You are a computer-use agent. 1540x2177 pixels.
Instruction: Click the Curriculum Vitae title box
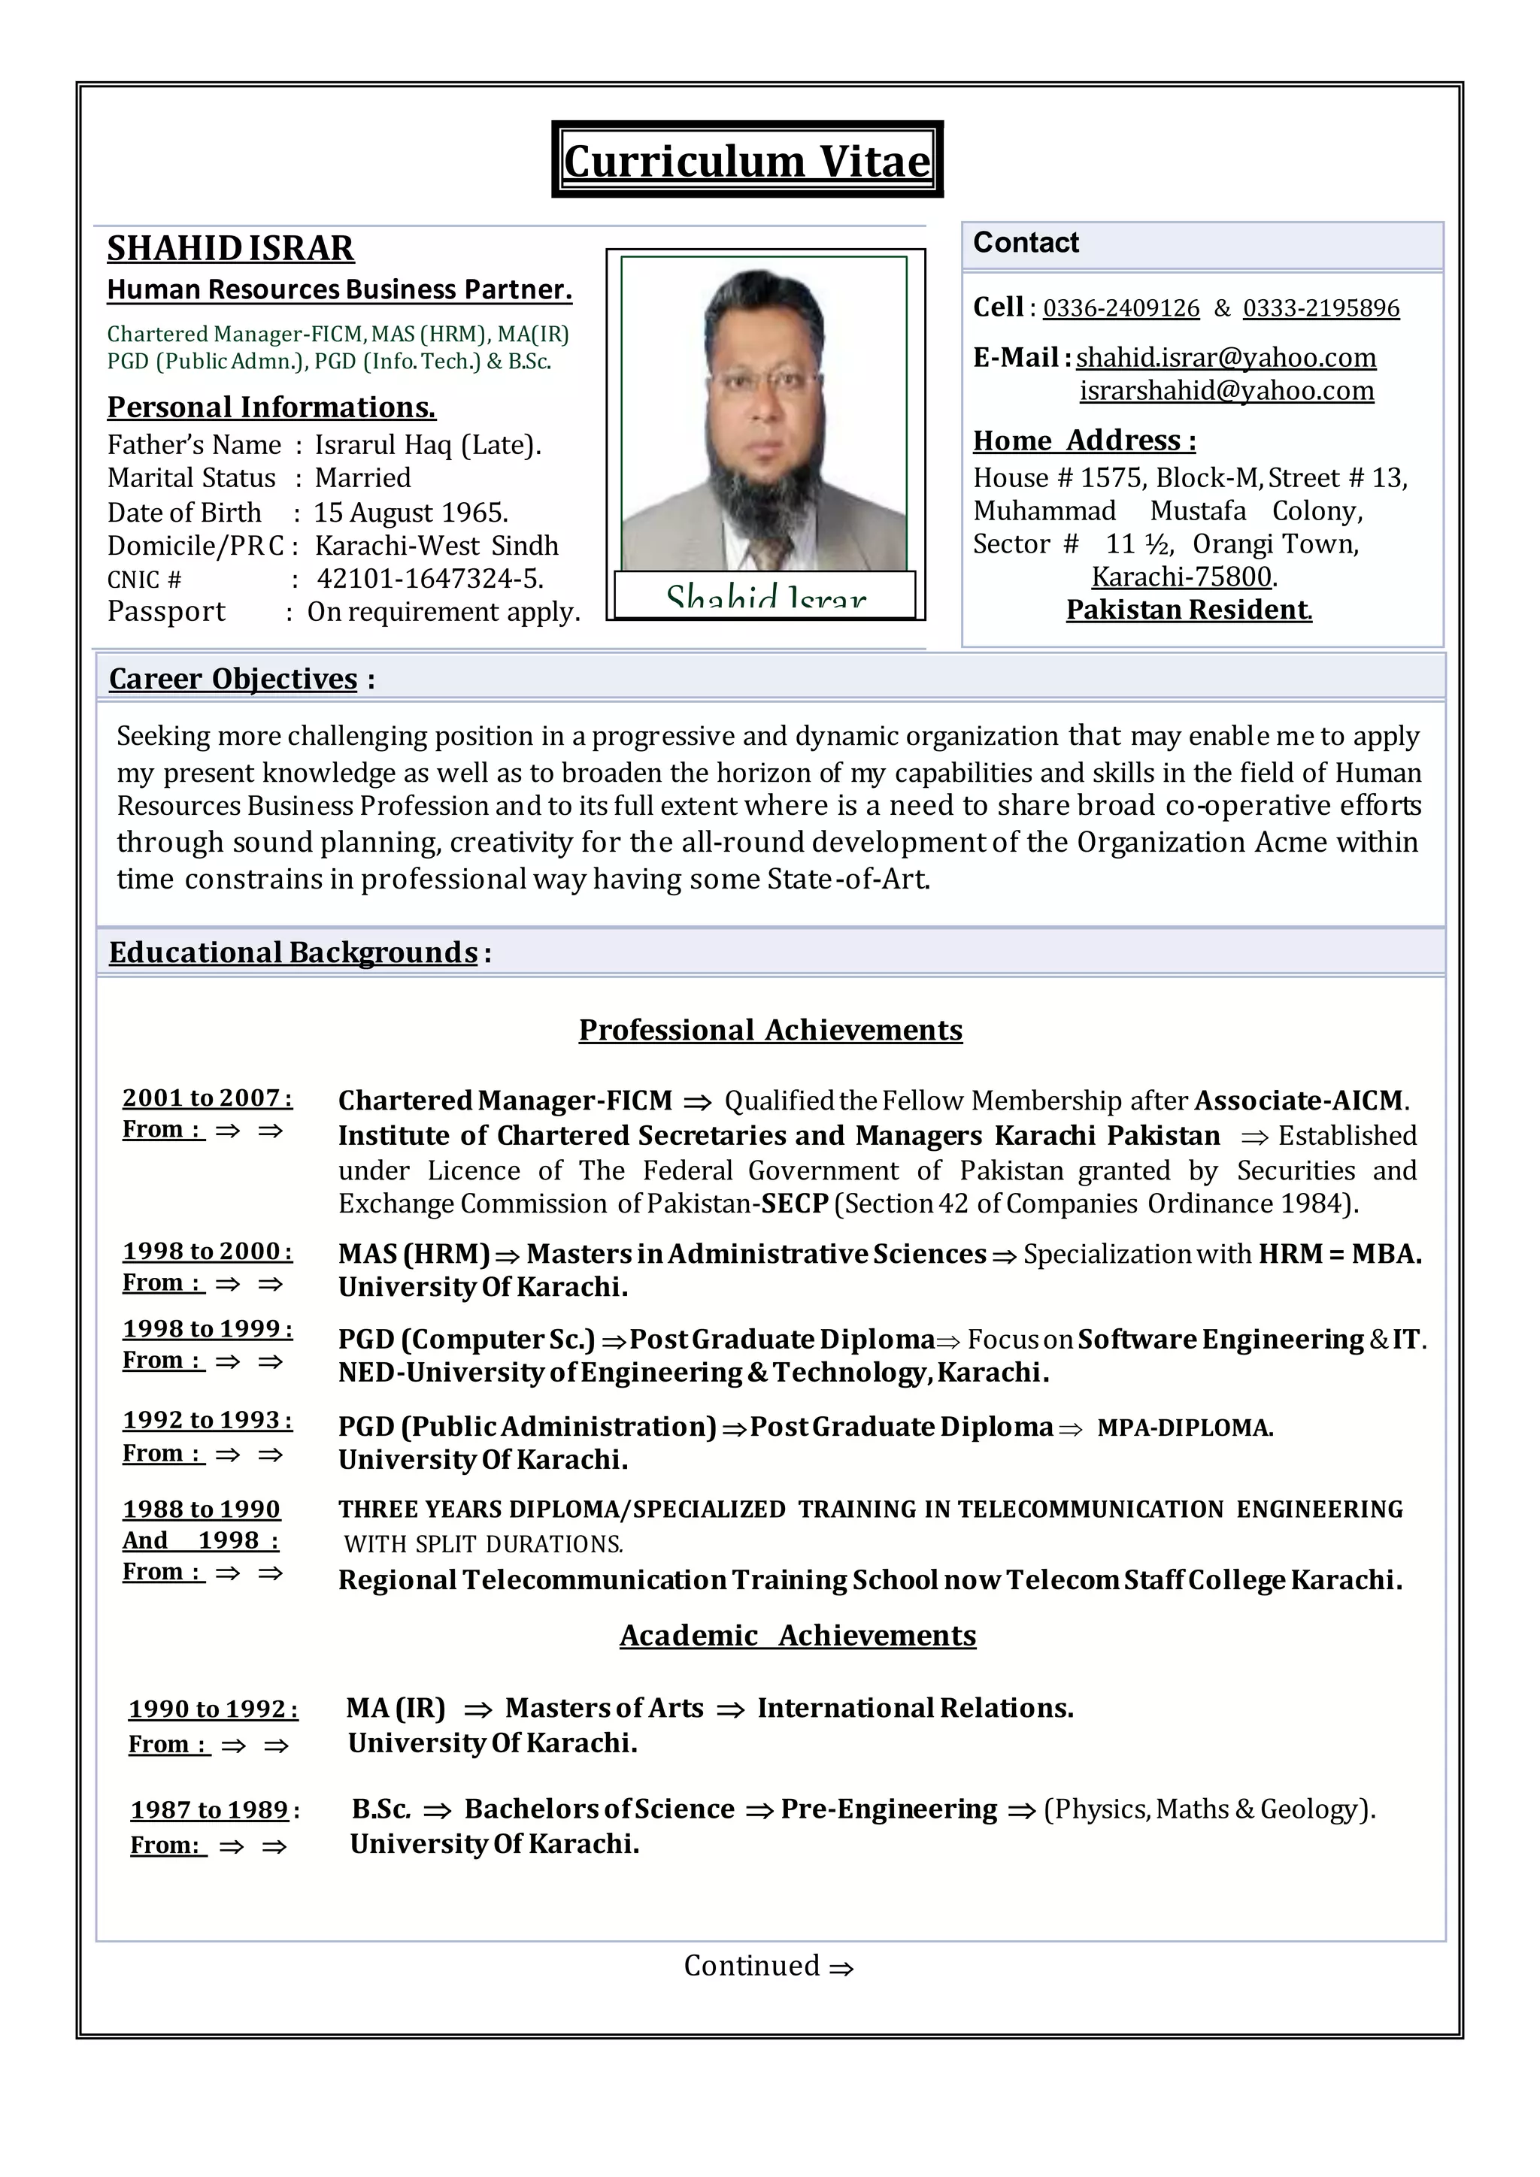[747, 160]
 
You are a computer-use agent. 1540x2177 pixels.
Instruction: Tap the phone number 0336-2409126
[1121, 308]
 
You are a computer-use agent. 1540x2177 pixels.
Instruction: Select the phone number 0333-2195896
[1321, 308]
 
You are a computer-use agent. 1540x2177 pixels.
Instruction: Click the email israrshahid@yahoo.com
[1226, 391]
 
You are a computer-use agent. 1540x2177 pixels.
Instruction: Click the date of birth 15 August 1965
[411, 513]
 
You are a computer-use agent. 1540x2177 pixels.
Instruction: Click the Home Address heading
[1084, 441]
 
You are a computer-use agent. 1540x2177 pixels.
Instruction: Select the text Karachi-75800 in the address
[1181, 577]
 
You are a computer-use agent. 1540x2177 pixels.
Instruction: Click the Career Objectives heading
[233, 679]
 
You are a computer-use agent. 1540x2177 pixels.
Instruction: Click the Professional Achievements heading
[770, 1030]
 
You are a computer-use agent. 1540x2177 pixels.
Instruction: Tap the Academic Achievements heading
[798, 1635]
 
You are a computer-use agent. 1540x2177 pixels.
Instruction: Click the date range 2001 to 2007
[206, 1098]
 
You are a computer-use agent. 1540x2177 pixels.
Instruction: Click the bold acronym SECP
[796, 1204]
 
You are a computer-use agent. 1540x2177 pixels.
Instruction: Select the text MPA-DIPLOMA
[1184, 1428]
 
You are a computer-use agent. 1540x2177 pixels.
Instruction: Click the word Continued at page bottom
[752, 1966]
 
